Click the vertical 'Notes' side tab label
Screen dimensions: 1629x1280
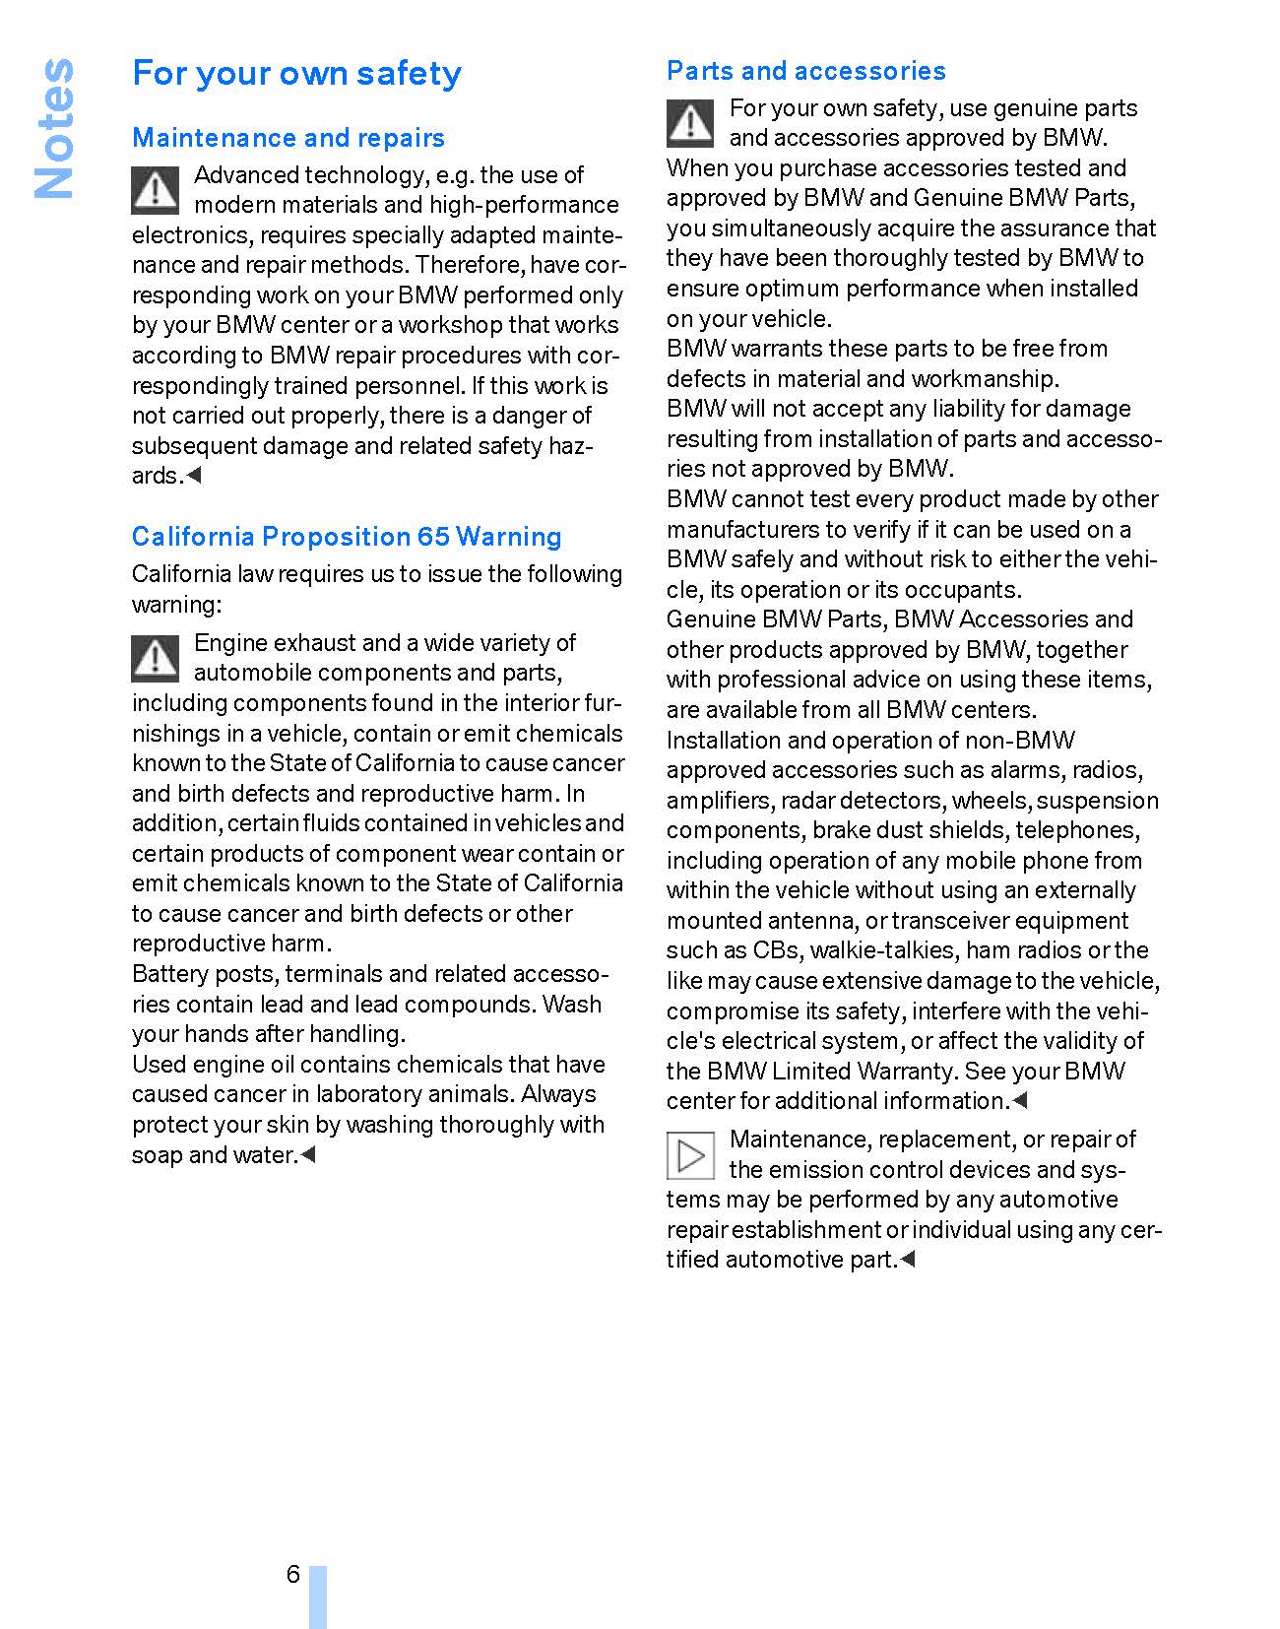coord(54,128)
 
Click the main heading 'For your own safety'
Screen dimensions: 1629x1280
coord(296,74)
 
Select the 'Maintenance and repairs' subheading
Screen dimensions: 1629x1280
coord(288,138)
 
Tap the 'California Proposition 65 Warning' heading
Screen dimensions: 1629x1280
coord(347,537)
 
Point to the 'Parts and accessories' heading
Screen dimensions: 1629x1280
coord(805,71)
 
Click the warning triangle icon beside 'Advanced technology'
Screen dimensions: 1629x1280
coord(156,190)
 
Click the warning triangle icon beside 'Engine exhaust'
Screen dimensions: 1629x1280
coord(156,658)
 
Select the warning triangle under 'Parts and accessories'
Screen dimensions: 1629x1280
coord(691,123)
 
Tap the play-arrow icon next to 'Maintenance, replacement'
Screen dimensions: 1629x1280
coord(691,1155)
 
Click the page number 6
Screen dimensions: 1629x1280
coord(292,1574)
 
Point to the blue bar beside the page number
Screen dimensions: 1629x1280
coord(317,1596)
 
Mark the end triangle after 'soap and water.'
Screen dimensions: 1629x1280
coord(307,1154)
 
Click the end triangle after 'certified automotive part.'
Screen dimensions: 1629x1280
coord(908,1259)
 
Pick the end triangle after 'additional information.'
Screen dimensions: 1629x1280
coord(1020,1100)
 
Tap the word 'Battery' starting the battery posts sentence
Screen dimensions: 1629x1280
coord(170,974)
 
